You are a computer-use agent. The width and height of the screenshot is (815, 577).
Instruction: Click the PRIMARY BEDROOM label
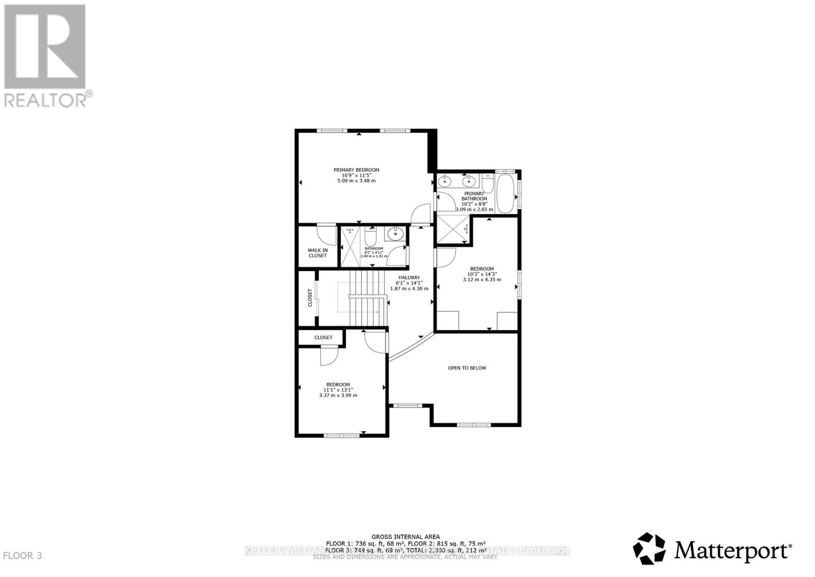pyautogui.click(x=356, y=170)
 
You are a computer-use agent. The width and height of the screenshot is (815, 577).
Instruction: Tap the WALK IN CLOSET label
pyautogui.click(x=317, y=253)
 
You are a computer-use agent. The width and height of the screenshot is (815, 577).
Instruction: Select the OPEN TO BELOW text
pyautogui.click(x=467, y=368)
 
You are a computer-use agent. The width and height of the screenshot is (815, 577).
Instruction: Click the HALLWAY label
pyautogui.click(x=409, y=278)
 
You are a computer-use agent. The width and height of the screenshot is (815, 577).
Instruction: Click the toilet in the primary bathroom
pyautogui.click(x=487, y=182)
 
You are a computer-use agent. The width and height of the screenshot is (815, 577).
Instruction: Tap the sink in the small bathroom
pyautogui.click(x=395, y=234)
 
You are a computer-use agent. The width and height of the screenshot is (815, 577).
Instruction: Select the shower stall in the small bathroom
pyautogui.click(x=350, y=247)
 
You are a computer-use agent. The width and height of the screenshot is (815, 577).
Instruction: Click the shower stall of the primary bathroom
pyautogui.click(x=453, y=230)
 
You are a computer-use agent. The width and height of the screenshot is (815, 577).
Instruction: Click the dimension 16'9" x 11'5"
pyautogui.click(x=356, y=175)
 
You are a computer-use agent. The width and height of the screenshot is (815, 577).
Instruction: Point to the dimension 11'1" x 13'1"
pyautogui.click(x=338, y=390)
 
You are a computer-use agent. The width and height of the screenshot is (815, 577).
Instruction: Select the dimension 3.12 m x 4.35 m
pyautogui.click(x=481, y=279)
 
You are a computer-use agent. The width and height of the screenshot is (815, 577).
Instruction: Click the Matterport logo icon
pyautogui.click(x=649, y=548)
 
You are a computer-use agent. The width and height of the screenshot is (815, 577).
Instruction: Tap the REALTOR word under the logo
pyautogui.click(x=46, y=99)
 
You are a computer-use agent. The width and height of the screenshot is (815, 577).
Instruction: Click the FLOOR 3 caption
pyautogui.click(x=22, y=556)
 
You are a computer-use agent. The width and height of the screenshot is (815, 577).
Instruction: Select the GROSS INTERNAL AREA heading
pyautogui.click(x=405, y=537)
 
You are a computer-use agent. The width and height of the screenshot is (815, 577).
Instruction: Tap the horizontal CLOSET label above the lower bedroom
pyautogui.click(x=323, y=337)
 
